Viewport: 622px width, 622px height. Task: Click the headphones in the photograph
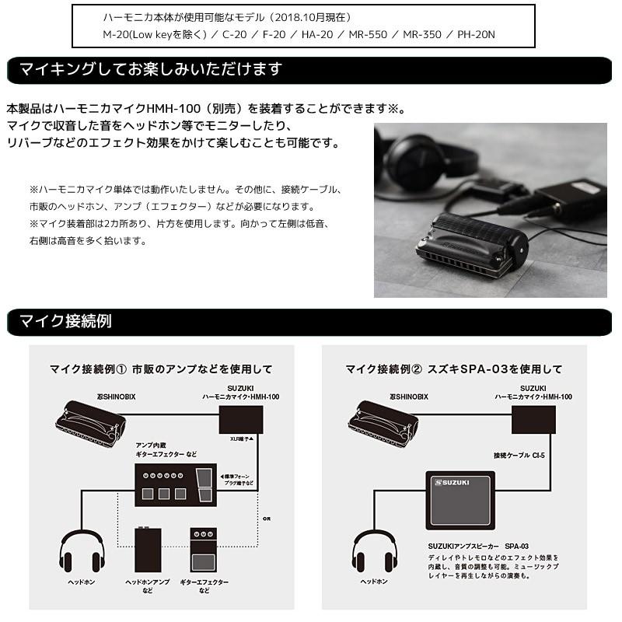coord(424,159)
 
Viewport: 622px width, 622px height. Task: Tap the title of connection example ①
coord(161,369)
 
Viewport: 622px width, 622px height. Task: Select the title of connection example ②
coord(453,369)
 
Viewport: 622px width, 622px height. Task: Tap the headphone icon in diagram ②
coord(376,550)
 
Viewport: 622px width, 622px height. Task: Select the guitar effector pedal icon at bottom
coord(204,552)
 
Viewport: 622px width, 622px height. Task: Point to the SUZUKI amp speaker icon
coord(460,505)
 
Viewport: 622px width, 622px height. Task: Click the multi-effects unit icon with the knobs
coord(173,484)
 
